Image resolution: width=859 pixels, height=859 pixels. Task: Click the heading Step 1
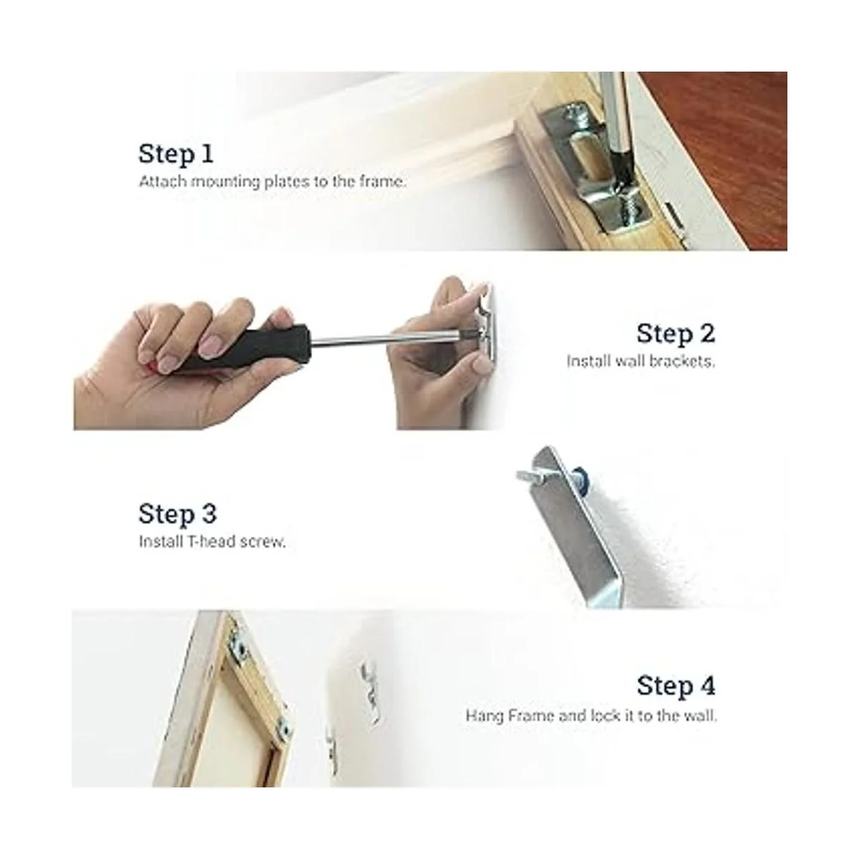(x=176, y=154)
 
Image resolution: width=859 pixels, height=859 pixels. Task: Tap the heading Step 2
(x=676, y=334)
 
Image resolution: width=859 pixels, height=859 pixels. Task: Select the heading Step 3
(x=178, y=514)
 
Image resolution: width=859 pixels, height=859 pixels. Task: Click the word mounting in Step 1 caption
(x=225, y=183)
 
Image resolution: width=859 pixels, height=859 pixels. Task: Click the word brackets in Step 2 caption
(x=682, y=361)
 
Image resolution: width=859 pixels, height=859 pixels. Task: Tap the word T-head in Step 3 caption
(x=212, y=542)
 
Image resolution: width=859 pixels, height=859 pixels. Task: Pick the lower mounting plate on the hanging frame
(x=282, y=731)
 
